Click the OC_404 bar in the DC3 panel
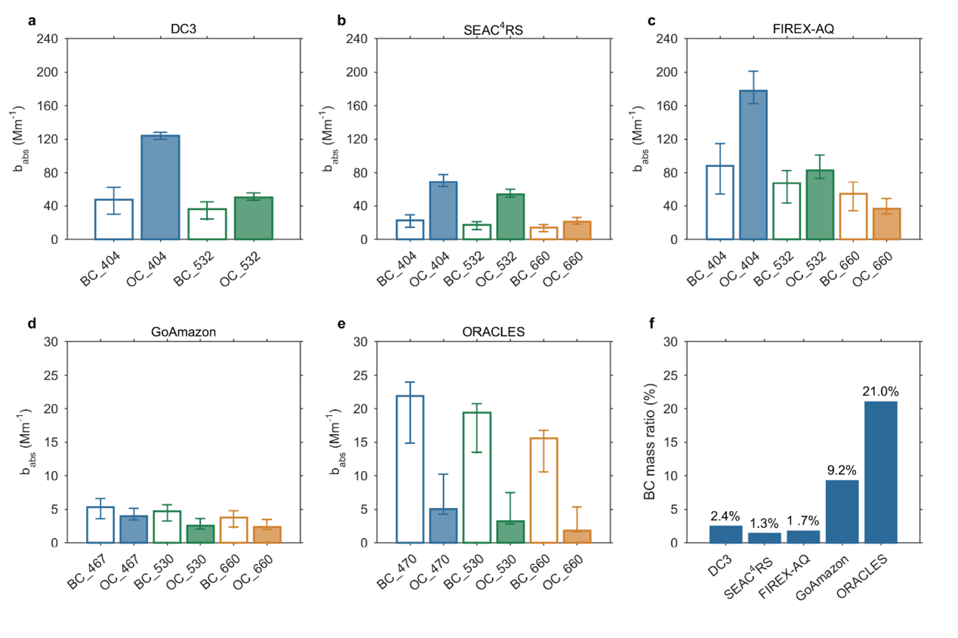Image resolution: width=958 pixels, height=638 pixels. [160, 187]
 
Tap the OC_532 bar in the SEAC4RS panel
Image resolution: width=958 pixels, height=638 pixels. [510, 217]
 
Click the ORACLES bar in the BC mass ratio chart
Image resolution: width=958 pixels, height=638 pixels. [880, 472]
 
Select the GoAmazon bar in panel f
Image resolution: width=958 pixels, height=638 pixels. [842, 511]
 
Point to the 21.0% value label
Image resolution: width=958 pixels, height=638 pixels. [880, 391]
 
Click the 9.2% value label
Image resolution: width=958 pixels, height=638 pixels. [842, 470]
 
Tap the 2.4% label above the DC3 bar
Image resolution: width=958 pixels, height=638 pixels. [725, 516]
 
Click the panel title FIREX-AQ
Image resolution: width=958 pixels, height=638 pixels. [803, 29]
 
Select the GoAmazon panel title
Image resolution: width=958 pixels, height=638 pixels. [183, 331]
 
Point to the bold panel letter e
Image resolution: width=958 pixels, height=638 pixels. [341, 324]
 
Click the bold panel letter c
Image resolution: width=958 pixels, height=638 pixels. [652, 20]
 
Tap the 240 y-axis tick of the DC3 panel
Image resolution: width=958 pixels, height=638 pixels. [47, 39]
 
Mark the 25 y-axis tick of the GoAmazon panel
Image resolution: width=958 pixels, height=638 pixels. [51, 375]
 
